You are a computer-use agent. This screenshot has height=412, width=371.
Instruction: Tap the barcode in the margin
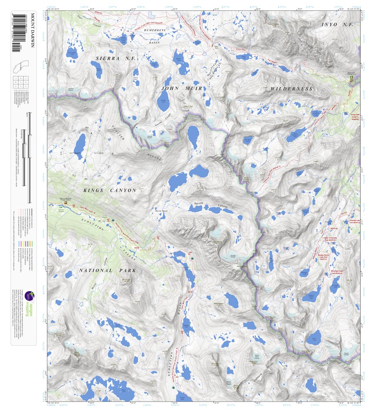[x=17, y=32]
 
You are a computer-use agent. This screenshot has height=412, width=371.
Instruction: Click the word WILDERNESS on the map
[x=291, y=89]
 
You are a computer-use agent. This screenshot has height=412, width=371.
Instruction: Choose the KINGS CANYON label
[x=110, y=190]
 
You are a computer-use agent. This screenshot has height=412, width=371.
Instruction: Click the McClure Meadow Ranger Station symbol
[x=66, y=202]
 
